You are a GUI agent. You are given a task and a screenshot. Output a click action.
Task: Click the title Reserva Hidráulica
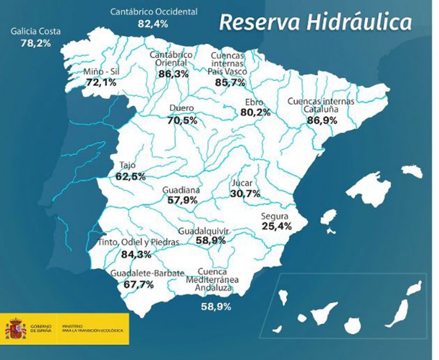click(315, 23)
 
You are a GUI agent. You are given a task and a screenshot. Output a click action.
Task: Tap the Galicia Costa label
click(36, 31)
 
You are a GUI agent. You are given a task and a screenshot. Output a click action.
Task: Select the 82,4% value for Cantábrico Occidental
click(153, 23)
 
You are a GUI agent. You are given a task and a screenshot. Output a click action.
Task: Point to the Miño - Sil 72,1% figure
click(101, 83)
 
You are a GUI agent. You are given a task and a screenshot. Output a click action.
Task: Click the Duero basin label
click(182, 109)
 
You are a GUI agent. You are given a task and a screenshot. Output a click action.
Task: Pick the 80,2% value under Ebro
click(255, 112)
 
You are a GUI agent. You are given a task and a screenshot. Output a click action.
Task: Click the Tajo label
click(127, 166)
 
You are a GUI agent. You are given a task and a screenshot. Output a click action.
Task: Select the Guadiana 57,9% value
click(182, 200)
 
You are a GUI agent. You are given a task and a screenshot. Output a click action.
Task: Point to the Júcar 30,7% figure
click(245, 194)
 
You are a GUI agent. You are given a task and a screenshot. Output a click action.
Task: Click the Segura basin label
click(274, 216)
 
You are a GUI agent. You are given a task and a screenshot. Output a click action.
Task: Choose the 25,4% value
click(277, 226)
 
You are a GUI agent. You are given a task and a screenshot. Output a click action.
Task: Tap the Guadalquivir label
click(204, 231)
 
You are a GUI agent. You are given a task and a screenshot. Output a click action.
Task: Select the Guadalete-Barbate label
click(147, 273)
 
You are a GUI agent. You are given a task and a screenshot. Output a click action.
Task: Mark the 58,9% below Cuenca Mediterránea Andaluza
click(216, 306)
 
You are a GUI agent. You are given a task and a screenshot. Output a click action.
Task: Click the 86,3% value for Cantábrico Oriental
click(173, 74)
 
